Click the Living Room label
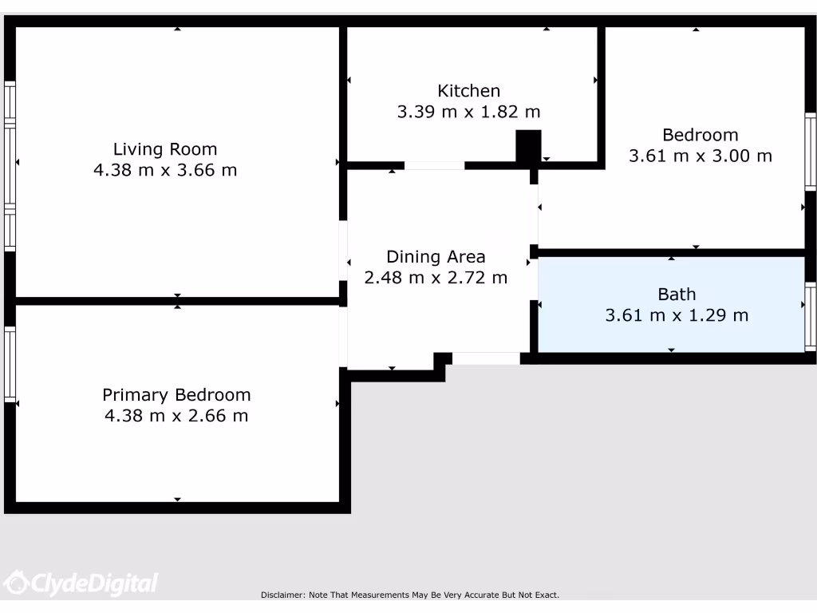[x=165, y=149]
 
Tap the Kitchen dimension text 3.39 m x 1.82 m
[x=468, y=112]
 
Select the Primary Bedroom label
[x=176, y=395]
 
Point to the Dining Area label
[x=436, y=257]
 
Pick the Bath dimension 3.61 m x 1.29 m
[x=677, y=315]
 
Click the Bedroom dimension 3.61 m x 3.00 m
[x=700, y=156]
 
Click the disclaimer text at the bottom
[x=410, y=595]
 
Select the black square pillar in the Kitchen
[x=528, y=147]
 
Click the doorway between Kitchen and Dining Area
[x=434, y=165]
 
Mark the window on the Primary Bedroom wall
[x=10, y=363]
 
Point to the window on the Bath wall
[x=811, y=317]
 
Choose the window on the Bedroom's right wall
[x=811, y=152]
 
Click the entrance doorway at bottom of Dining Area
[x=486, y=358]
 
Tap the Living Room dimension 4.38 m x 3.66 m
[x=165, y=170]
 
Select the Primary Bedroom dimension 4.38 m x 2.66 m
[x=176, y=416]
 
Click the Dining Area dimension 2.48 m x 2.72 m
[x=436, y=278]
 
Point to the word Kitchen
[x=468, y=91]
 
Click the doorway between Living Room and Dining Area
[x=343, y=250]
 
